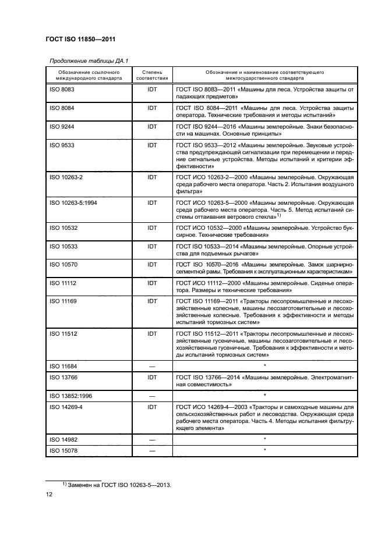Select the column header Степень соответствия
151,74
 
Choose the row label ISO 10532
63,228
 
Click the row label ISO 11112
63,283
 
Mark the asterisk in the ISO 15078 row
265,450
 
